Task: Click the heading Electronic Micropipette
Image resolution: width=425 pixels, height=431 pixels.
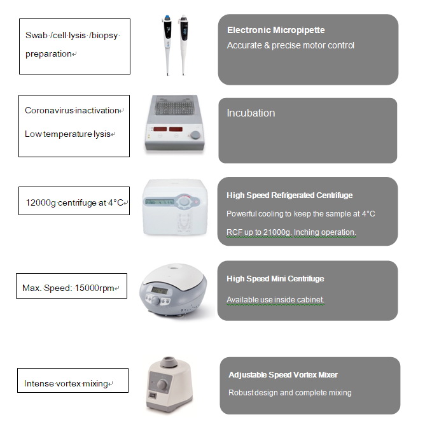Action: tap(276, 30)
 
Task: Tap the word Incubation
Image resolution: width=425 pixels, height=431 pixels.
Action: tap(251, 113)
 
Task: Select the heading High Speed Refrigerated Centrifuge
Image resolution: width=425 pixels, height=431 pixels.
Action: tap(289, 195)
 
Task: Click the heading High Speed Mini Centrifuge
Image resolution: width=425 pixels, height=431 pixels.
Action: tap(275, 279)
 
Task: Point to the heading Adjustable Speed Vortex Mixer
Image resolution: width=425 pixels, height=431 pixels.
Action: tap(283, 374)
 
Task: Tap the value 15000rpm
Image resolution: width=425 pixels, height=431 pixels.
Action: tap(94, 288)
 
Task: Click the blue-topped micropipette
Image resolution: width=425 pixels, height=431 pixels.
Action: tap(167, 45)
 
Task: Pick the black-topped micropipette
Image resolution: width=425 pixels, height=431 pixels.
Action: tap(183, 45)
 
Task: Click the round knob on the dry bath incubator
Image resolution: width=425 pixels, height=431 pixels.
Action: tap(195, 135)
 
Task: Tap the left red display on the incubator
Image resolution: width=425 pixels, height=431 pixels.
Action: tap(160, 129)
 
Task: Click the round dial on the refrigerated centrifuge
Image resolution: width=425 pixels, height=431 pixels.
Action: tap(184, 201)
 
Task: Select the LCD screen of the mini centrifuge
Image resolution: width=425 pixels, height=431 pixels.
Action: tap(160, 290)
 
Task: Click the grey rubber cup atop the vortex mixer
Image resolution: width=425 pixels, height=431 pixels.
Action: tap(168, 362)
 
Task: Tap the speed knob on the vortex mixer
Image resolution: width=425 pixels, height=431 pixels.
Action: tap(162, 385)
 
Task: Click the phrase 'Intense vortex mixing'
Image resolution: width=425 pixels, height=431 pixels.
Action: tap(66, 383)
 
